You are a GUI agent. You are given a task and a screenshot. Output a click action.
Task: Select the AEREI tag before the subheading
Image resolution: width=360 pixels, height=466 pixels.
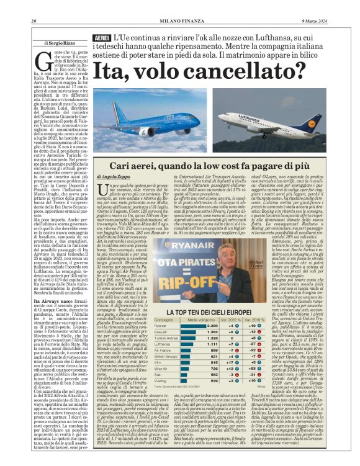coord(102,38)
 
